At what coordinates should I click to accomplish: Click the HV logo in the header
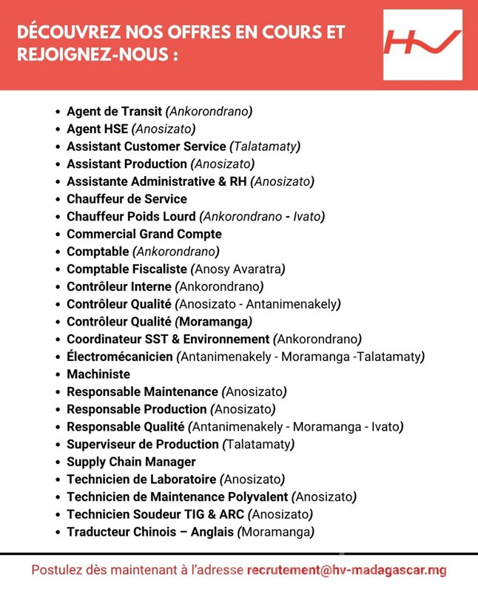(423, 44)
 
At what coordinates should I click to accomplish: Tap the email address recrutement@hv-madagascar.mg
(347, 571)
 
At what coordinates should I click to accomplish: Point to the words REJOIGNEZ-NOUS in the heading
(92, 56)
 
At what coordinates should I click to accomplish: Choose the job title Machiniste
(98, 374)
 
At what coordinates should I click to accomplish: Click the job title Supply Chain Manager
(131, 462)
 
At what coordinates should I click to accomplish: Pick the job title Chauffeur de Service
(127, 199)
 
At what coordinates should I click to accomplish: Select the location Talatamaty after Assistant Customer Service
(264, 147)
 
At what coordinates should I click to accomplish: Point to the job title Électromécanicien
(120, 357)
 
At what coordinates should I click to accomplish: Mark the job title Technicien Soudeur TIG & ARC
(155, 514)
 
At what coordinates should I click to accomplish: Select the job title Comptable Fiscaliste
(127, 269)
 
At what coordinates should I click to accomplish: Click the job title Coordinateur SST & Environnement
(168, 340)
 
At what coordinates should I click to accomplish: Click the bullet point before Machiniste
(58, 375)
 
